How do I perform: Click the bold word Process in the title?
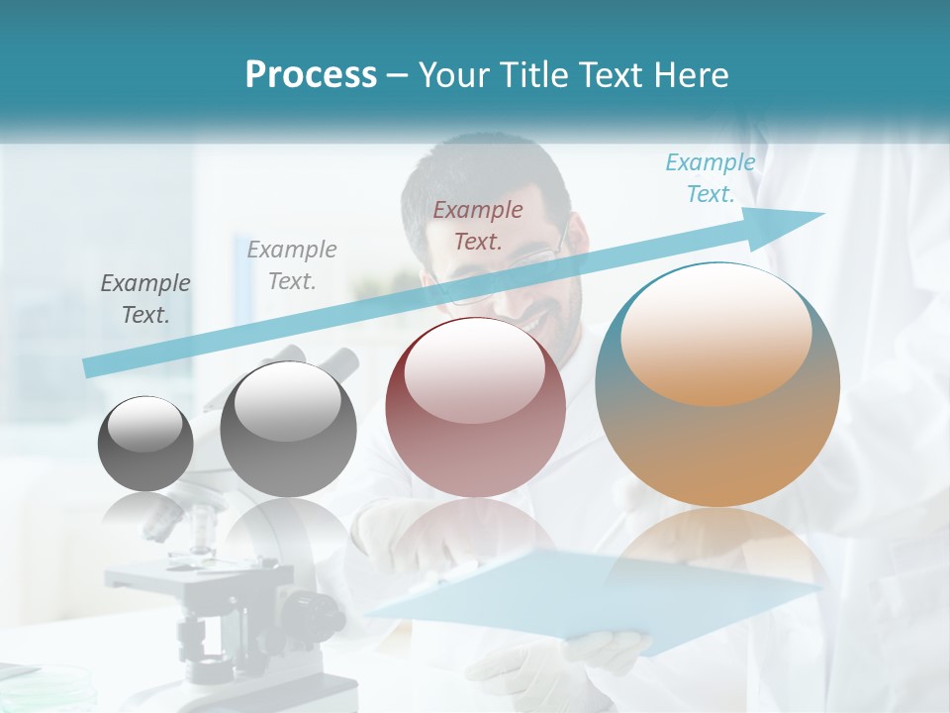coord(311,75)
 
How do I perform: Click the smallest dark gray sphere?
coord(145,444)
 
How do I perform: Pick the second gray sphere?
coord(288,429)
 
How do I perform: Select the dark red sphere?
coord(475,408)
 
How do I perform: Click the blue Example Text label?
coord(710,178)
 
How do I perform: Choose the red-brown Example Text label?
coord(478,225)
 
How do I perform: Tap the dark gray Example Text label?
coord(145,299)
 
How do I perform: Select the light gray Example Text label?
coord(292,265)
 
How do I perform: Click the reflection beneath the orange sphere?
coord(717,555)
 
